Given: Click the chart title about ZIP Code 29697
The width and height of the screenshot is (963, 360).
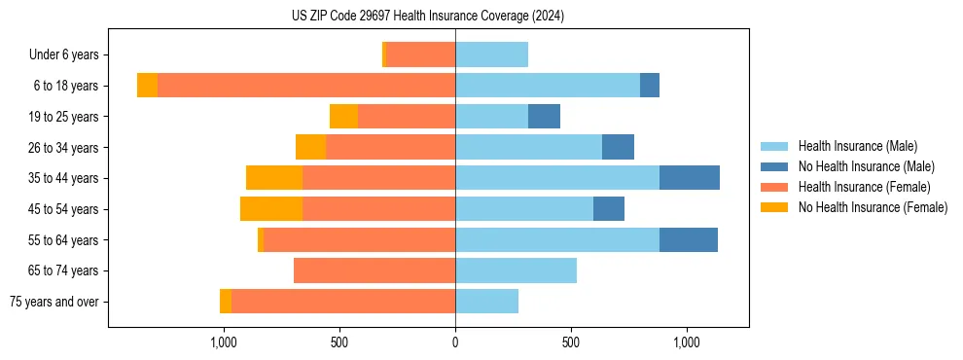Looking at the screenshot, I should [x=427, y=17].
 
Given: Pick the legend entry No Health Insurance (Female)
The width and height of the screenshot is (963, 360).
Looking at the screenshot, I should [x=873, y=207].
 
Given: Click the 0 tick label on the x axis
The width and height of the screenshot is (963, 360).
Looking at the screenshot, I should [x=455, y=342].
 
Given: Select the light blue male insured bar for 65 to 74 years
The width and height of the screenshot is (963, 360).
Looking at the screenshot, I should [x=516, y=270].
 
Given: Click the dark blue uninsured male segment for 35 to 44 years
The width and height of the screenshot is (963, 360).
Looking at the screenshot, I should [x=690, y=178].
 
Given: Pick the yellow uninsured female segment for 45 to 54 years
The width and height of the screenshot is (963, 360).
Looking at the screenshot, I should [x=271, y=209].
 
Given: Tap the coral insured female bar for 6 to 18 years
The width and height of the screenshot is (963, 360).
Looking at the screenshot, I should [x=306, y=86].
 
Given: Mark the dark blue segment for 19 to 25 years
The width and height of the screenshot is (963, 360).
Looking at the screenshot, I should [x=544, y=117].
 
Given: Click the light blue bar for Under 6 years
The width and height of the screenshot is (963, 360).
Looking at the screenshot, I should [x=491, y=54].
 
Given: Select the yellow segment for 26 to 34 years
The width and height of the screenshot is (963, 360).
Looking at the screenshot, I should [x=310, y=147].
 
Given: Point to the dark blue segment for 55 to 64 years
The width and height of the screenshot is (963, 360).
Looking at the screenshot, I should [x=689, y=239].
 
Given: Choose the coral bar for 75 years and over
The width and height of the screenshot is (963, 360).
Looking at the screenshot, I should [x=343, y=302].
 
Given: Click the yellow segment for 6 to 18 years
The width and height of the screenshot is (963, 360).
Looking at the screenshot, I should [x=147, y=86].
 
